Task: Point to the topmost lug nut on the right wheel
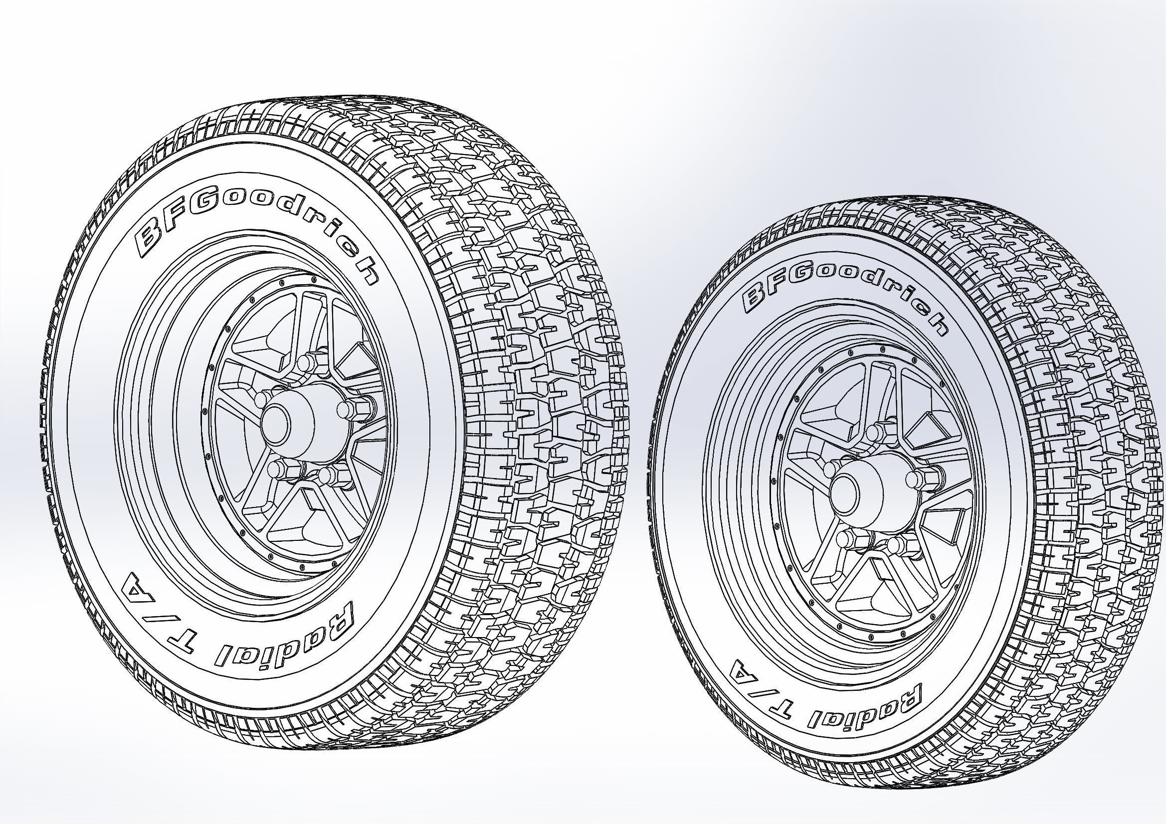875,432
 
